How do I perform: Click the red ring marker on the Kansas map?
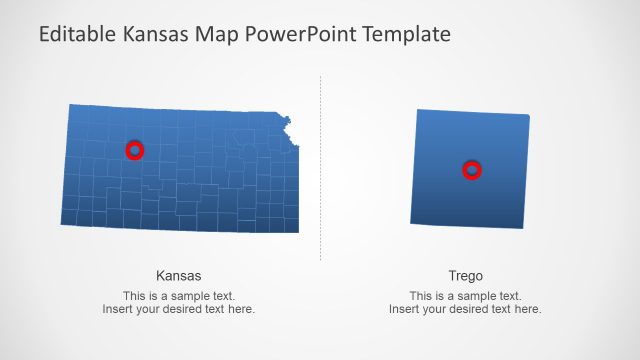coord(135,150)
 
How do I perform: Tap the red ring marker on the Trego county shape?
coord(472,170)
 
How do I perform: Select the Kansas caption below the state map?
coord(179,275)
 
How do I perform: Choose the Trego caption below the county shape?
coord(465,275)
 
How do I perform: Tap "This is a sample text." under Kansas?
coord(179,296)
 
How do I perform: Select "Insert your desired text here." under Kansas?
coord(179,309)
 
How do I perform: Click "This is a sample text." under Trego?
coord(465,296)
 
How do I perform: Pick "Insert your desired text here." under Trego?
coord(465,309)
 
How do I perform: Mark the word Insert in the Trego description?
coord(404,309)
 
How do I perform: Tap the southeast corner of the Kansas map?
coord(296,231)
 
